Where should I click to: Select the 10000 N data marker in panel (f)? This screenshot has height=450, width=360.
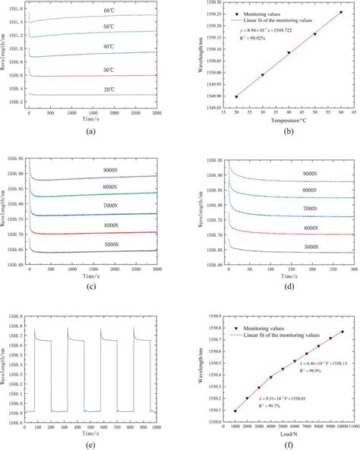click(x=342, y=331)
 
